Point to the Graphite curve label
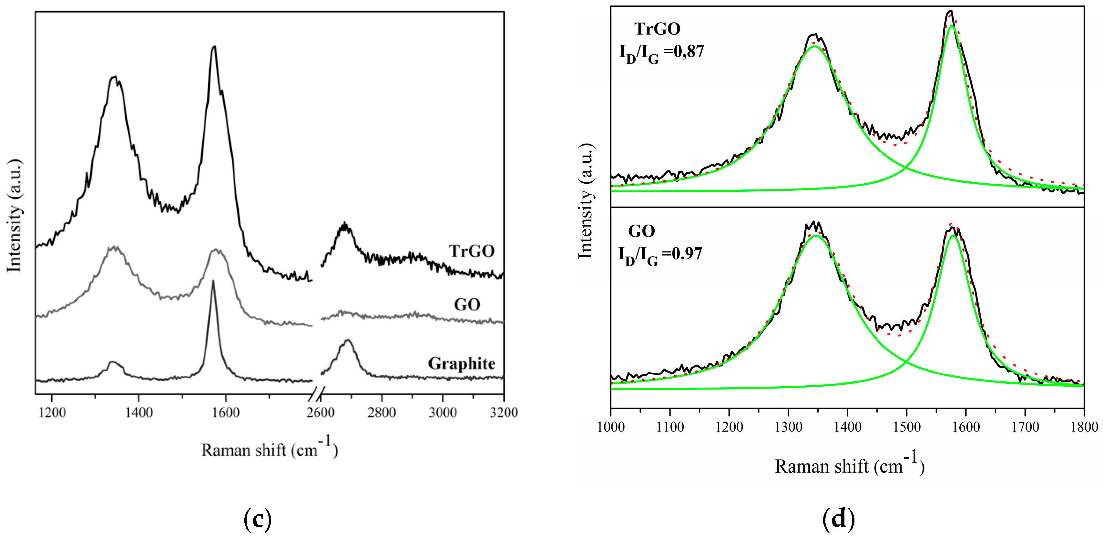tap(462, 363)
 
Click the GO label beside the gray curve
tap(467, 305)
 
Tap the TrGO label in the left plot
tap(472, 251)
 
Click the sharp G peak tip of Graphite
tap(213, 281)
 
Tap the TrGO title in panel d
tap(657, 29)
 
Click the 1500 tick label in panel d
tap(906, 427)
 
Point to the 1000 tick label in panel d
tap(611, 427)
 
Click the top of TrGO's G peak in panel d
tap(947, 11)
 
